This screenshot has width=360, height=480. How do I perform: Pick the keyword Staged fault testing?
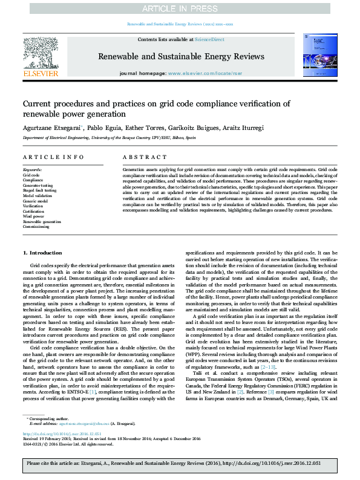[39, 190]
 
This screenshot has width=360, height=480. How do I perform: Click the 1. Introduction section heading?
[42, 253]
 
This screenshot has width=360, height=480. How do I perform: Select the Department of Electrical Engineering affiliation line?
[109, 138]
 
